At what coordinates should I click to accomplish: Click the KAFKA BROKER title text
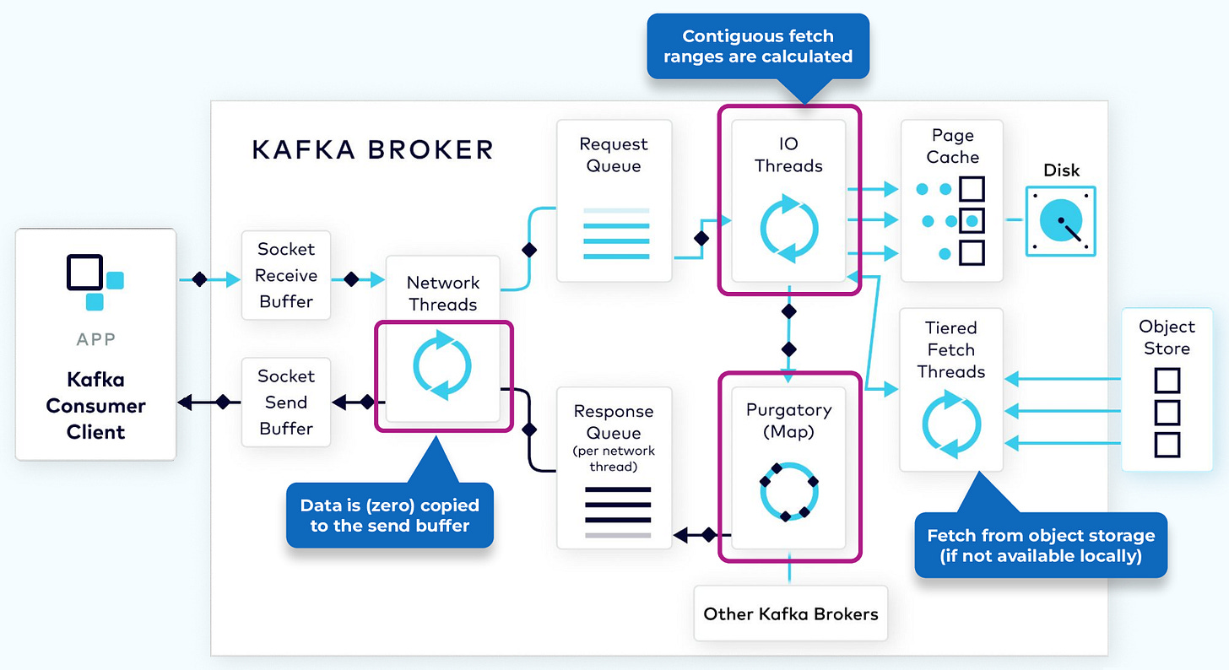[x=372, y=150]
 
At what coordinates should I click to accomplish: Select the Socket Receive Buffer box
[x=286, y=275]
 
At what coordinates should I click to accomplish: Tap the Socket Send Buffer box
[x=286, y=403]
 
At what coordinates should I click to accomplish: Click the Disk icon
[x=1060, y=221]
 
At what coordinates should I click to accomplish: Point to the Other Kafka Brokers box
[x=791, y=613]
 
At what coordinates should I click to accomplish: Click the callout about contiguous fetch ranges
[x=758, y=46]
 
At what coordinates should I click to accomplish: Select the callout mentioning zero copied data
[x=390, y=515]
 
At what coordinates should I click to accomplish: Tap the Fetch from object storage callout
[x=1041, y=545]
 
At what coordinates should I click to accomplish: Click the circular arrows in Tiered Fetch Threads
[x=951, y=424]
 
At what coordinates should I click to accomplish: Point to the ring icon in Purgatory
[x=789, y=489]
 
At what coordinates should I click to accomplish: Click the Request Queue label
[x=614, y=155]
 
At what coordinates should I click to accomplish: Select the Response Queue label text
[x=614, y=422]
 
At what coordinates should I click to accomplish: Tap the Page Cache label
[x=952, y=146]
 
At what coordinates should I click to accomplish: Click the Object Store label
[x=1167, y=338]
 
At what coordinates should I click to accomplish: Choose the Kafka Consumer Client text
[x=95, y=406]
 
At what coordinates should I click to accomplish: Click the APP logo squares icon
[x=95, y=281]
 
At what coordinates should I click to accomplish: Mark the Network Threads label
[x=442, y=293]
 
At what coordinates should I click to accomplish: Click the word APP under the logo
[x=95, y=339]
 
